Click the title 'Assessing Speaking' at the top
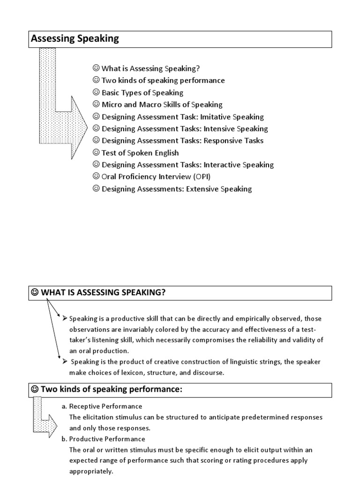[75, 39]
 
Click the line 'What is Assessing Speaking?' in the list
[150, 68]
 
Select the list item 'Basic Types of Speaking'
[142, 93]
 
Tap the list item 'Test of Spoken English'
[140, 153]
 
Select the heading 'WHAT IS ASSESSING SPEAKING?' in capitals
[104, 293]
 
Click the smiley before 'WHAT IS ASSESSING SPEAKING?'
[35, 293]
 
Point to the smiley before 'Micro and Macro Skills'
[96, 105]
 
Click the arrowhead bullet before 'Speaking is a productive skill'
[65, 318]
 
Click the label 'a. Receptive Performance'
[102, 406]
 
